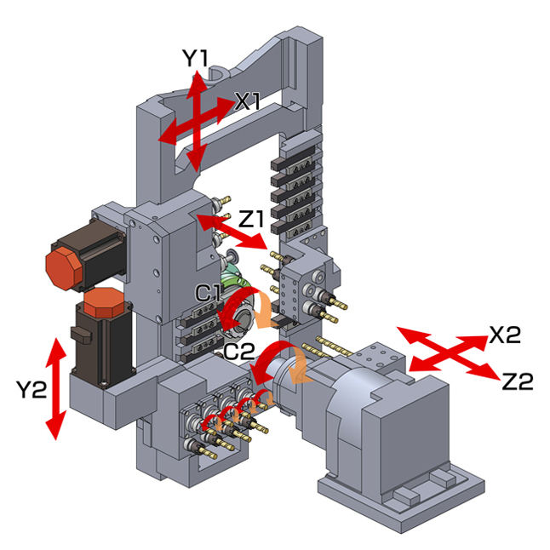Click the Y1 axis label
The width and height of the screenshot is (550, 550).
[195, 58]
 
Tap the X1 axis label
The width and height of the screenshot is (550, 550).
[248, 101]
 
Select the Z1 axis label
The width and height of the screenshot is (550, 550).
[250, 219]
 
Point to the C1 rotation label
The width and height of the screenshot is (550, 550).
[208, 293]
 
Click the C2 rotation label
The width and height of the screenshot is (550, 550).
[239, 351]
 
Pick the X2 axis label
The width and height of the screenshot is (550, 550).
[505, 335]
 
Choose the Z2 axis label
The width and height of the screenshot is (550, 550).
[518, 381]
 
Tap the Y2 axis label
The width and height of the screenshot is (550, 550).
[32, 389]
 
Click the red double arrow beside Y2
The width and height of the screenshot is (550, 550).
[56, 388]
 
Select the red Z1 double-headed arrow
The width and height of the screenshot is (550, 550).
[232, 232]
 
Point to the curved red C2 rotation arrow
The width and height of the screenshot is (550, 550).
[270, 361]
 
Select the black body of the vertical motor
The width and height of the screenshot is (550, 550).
[101, 347]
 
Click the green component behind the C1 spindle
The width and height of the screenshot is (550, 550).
[233, 277]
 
